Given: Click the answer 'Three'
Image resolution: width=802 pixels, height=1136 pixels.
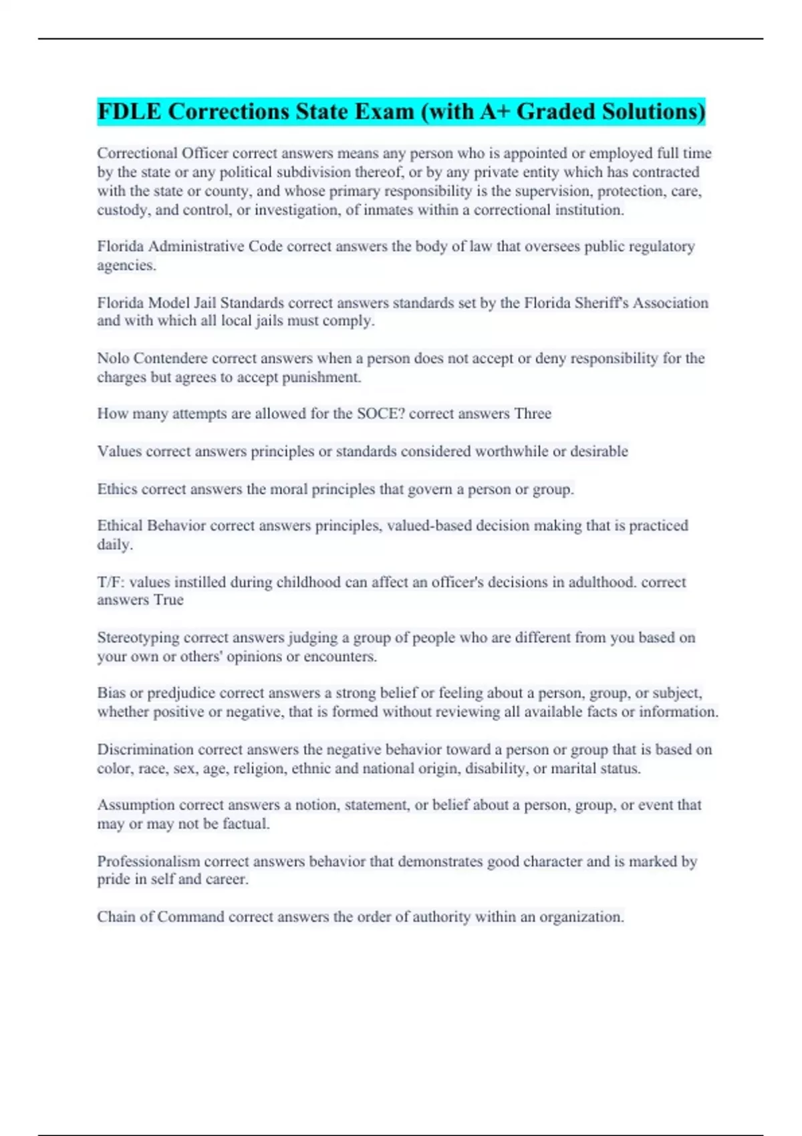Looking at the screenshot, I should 533,414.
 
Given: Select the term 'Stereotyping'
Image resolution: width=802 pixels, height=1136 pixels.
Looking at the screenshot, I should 138,637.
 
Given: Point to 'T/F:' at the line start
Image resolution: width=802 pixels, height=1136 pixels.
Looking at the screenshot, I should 111,582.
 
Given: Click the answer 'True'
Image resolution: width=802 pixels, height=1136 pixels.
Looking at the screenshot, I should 168,600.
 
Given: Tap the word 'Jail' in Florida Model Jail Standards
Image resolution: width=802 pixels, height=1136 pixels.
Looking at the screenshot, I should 205,303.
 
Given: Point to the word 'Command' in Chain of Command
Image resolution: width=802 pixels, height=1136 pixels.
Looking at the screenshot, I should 190,917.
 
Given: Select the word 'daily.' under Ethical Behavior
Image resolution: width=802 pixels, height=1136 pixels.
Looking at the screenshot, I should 115,545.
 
